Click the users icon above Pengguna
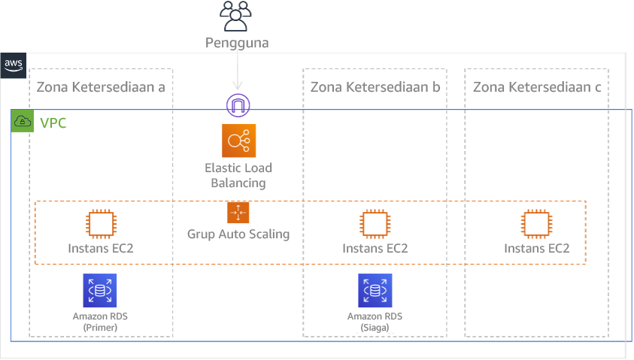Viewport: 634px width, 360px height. click(238, 17)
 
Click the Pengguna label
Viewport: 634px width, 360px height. click(238, 43)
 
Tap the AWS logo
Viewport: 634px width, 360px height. click(14, 65)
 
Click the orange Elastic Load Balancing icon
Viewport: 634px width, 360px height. click(239, 141)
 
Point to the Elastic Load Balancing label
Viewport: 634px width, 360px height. click(238, 175)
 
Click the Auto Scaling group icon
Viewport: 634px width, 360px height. click(238, 213)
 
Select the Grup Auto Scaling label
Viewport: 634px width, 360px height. click(238, 234)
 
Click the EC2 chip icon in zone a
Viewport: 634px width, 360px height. click(101, 224)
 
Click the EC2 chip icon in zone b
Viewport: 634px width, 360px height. click(375, 224)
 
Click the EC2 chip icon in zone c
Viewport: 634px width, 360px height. click(536, 224)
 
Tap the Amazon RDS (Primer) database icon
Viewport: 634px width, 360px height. click(100, 291)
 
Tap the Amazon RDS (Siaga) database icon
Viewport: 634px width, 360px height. click(375, 291)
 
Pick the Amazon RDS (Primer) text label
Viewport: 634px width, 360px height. click(100, 322)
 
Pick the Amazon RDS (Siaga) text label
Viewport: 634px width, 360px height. click(375, 322)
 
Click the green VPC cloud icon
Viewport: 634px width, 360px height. click(23, 122)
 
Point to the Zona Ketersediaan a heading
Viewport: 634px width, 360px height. click(100, 88)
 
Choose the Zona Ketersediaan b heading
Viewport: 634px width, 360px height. click(375, 88)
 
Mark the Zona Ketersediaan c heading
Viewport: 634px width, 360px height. click(536, 88)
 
